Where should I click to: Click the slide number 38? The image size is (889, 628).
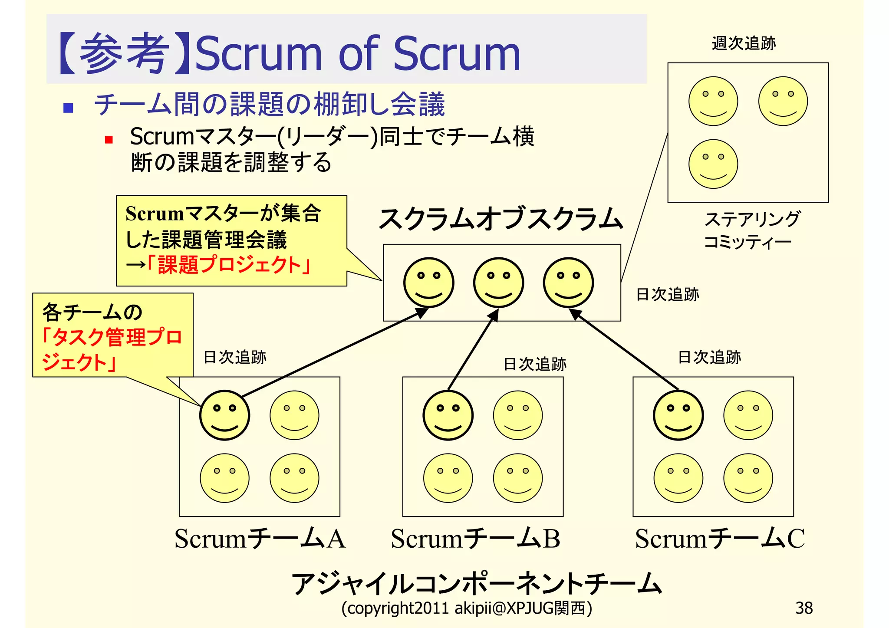pyautogui.click(x=804, y=608)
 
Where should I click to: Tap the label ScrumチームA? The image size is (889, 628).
pyautogui.click(x=260, y=539)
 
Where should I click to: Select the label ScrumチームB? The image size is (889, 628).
pyautogui.click(x=475, y=539)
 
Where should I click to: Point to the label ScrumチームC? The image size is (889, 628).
pyautogui.click(x=719, y=539)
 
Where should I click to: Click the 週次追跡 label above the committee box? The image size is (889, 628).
pyautogui.click(x=744, y=43)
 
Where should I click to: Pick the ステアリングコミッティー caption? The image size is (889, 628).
pyautogui.click(x=751, y=230)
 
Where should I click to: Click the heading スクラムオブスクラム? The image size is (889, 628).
pyautogui.click(x=500, y=218)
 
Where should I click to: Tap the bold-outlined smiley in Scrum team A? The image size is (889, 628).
pyautogui.click(x=224, y=415)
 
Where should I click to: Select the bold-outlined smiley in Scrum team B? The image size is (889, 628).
pyautogui.click(x=448, y=415)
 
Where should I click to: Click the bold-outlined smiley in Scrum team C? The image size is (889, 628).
pyautogui.click(x=678, y=415)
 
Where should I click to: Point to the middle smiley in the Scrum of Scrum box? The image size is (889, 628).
pyautogui.click(x=498, y=283)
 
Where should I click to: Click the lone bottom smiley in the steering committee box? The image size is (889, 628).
pyautogui.click(x=713, y=164)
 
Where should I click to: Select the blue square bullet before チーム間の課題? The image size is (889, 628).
pyautogui.click(x=68, y=108)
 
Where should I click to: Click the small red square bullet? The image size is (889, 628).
pyautogui.click(x=109, y=140)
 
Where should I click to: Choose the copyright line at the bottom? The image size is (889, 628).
pyautogui.click(x=467, y=608)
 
